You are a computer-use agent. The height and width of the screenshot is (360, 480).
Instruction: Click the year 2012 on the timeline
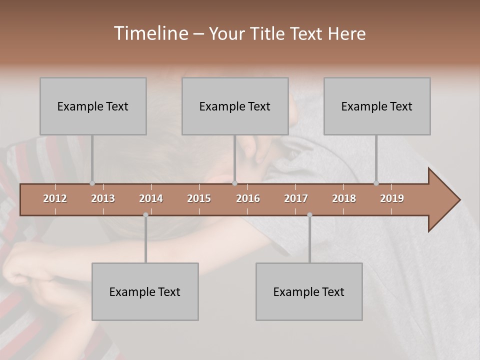pyautogui.click(x=55, y=198)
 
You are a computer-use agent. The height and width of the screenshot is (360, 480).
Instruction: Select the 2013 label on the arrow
pyautogui.click(x=103, y=198)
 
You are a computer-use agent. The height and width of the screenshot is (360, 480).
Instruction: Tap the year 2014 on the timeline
pyautogui.click(x=151, y=198)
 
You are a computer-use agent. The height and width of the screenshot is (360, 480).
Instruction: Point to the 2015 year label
pyautogui.click(x=199, y=198)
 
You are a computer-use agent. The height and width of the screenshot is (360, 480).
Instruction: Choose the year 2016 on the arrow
pyautogui.click(x=248, y=198)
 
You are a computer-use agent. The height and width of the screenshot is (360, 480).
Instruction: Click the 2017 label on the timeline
pyautogui.click(x=296, y=198)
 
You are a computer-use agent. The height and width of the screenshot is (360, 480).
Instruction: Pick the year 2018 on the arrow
pyautogui.click(x=344, y=198)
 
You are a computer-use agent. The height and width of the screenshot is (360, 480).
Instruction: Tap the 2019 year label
pyautogui.click(x=392, y=198)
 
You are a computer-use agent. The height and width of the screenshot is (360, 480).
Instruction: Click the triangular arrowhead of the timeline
pyautogui.click(x=443, y=200)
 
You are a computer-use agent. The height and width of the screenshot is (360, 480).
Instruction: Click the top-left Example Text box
pyautogui.click(x=93, y=106)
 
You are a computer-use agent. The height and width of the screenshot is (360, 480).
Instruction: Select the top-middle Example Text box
pyautogui.click(x=235, y=106)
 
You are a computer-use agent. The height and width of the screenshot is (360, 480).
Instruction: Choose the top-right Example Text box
pyautogui.click(x=377, y=106)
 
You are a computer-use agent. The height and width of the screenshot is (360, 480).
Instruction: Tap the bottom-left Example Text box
pyautogui.click(x=145, y=291)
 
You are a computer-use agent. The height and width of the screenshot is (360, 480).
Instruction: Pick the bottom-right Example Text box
pyautogui.click(x=309, y=291)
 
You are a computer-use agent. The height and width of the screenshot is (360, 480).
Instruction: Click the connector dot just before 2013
pyautogui.click(x=92, y=183)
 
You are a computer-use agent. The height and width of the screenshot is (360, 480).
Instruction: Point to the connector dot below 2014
pyautogui.click(x=145, y=215)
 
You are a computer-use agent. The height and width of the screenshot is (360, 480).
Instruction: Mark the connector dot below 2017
pyautogui.click(x=309, y=215)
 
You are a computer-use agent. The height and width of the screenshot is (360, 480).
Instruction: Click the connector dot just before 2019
pyautogui.click(x=376, y=183)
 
